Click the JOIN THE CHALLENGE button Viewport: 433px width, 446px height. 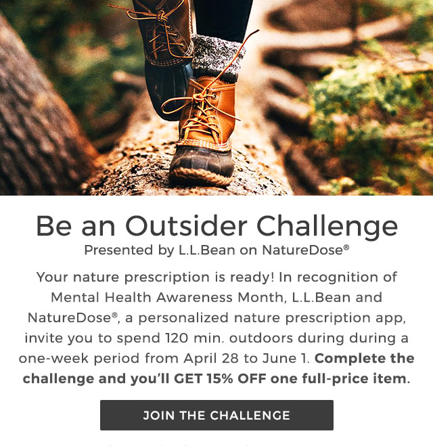(x=216, y=415)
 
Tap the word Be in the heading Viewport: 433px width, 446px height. (x=52, y=226)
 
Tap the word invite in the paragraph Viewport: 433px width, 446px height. (x=43, y=338)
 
